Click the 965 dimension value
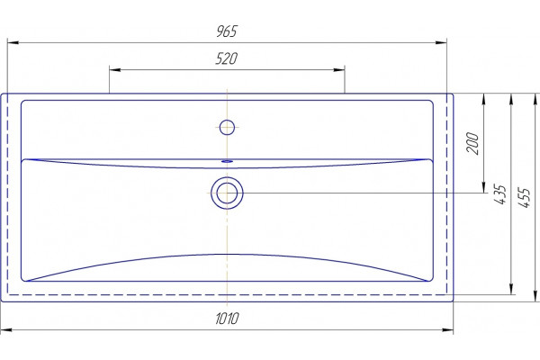pos(227,31)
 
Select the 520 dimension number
pos(226,58)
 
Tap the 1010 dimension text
pos(227,319)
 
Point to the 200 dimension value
pos(472,143)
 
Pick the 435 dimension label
pos(500,194)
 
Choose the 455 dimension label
pos(524,197)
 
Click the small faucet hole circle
pos(227,127)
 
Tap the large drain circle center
pos(227,193)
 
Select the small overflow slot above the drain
pos(227,161)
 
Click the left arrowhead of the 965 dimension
pos(13,42)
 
